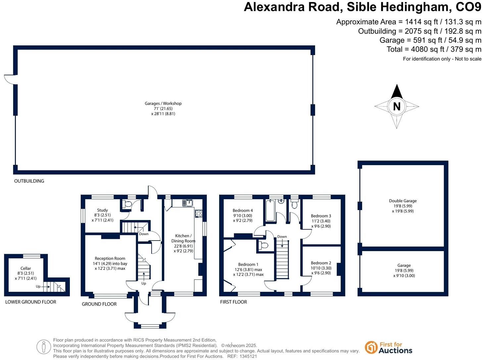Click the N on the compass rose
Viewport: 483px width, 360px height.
coord(397,106)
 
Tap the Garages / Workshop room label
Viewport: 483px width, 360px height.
coord(163,103)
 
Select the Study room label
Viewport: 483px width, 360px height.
coord(102,210)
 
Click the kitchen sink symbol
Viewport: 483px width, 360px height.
coord(188,202)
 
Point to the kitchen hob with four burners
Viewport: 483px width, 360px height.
coord(199,213)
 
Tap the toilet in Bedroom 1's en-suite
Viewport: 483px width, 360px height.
coord(264,246)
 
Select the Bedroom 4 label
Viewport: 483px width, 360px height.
coord(243,210)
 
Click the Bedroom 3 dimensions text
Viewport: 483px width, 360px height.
coord(321,224)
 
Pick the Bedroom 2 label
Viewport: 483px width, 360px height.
coord(321,263)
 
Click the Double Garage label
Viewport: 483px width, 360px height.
coord(403,201)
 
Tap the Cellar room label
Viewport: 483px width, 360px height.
coord(25,268)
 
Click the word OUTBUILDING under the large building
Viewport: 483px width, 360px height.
coord(29,181)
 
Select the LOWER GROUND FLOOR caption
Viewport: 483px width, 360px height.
coord(31,302)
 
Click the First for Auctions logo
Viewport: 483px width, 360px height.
coord(389,347)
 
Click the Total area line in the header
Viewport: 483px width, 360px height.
coord(434,49)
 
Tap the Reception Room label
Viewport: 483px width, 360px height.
coord(110,258)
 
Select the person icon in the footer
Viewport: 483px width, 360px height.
coord(44,347)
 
